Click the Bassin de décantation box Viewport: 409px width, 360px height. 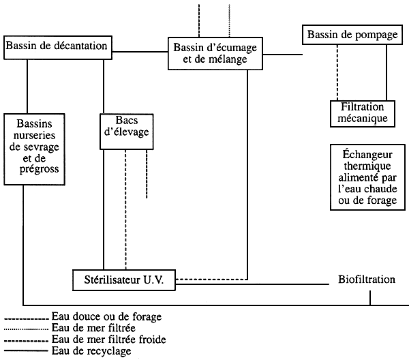57,45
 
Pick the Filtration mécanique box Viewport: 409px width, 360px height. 360,112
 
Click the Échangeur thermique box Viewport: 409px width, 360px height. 363,177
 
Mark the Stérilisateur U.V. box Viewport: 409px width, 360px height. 125,279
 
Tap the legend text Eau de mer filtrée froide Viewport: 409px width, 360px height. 108,339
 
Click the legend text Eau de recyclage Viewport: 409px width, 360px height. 91,350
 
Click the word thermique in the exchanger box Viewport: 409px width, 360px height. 363,166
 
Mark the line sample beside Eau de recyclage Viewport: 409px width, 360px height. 26,350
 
